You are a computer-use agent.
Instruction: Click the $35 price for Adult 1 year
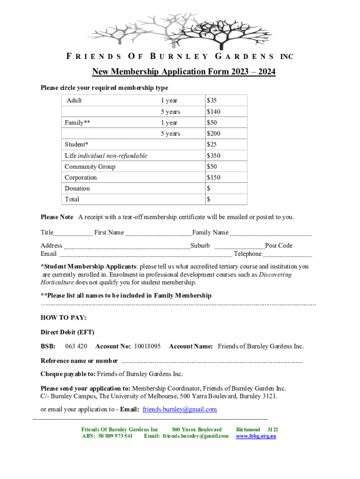(x=212, y=101)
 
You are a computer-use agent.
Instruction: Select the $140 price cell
(x=214, y=112)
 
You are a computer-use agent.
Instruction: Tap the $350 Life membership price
(x=214, y=156)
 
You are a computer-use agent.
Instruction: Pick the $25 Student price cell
(x=212, y=145)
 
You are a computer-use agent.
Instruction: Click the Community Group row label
(x=90, y=167)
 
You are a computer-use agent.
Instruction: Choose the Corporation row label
(x=81, y=178)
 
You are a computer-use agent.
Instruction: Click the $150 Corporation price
(x=214, y=178)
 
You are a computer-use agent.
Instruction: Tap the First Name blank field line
(x=158, y=234)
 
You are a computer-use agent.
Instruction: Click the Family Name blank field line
(x=271, y=234)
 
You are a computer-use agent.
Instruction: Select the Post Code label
(x=279, y=246)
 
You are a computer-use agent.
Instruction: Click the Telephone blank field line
(x=288, y=255)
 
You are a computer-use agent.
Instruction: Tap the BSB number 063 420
(x=76, y=346)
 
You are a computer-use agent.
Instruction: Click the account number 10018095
(x=147, y=346)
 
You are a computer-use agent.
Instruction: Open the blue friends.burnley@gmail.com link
(x=180, y=409)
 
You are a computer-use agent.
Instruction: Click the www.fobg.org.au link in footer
(x=256, y=436)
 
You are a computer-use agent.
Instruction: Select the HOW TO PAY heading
(x=64, y=318)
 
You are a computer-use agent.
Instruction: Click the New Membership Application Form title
(x=183, y=72)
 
